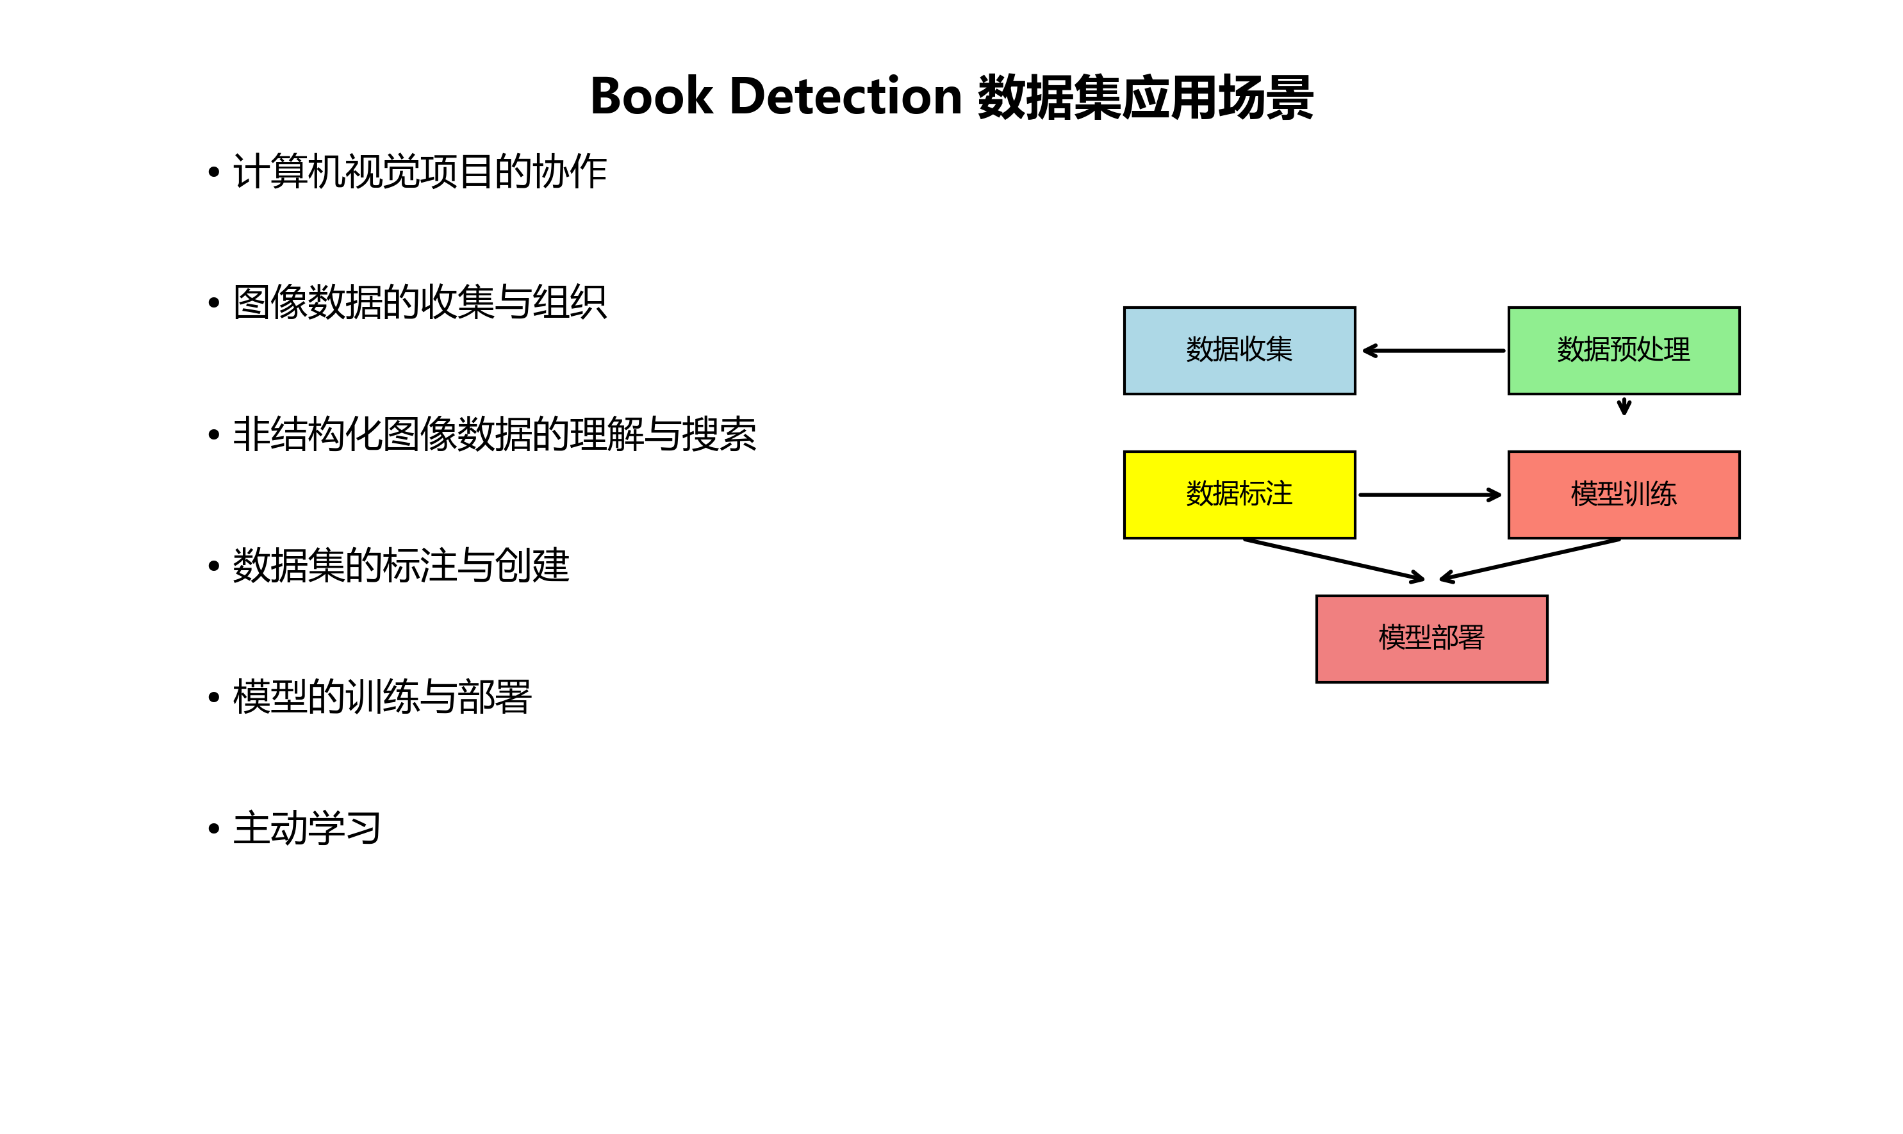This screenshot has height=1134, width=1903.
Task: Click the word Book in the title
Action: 651,97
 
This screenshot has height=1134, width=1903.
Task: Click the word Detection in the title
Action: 845,97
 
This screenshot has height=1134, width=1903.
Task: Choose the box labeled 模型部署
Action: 1431,639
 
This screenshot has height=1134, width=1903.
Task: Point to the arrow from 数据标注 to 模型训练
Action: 1429,495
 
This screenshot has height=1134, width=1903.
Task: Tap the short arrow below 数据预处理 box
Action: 1624,406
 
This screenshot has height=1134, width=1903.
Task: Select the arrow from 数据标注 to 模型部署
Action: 1333,560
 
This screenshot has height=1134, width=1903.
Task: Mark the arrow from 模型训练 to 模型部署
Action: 1530,560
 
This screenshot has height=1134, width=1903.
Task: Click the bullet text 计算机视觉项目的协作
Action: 420,171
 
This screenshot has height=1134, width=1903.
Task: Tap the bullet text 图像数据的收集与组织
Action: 420,302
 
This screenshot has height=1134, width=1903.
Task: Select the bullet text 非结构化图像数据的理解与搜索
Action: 494,434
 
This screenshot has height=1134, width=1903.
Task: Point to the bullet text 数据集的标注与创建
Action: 400,566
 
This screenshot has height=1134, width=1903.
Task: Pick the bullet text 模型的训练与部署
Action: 381,697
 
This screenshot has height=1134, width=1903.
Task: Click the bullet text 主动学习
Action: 306,828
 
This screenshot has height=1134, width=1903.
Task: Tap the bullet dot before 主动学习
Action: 214,828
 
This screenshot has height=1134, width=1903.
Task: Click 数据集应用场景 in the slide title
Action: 1145,97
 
